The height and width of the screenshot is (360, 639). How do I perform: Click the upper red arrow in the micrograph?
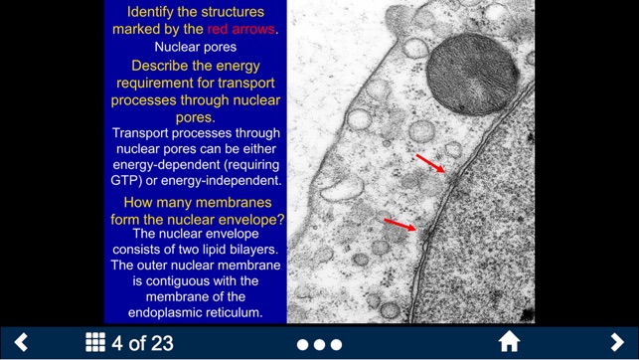point(430,163)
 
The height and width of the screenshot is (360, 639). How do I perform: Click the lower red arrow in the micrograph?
point(399,226)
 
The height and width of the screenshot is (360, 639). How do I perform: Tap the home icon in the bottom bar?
point(509,342)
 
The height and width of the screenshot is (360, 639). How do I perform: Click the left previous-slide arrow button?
point(21,342)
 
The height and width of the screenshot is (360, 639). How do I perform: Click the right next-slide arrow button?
point(616,342)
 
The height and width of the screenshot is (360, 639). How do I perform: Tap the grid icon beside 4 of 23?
point(95,343)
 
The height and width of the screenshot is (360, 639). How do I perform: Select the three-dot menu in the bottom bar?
point(319,344)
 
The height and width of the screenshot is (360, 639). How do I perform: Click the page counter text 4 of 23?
point(143,343)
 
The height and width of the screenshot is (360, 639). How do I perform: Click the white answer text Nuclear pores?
point(195,47)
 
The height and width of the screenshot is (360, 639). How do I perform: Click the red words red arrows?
point(241,30)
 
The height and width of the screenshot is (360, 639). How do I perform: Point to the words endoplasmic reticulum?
point(195,312)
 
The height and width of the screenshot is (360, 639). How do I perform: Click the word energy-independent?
point(231,181)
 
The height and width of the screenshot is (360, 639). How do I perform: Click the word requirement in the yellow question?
point(152,84)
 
